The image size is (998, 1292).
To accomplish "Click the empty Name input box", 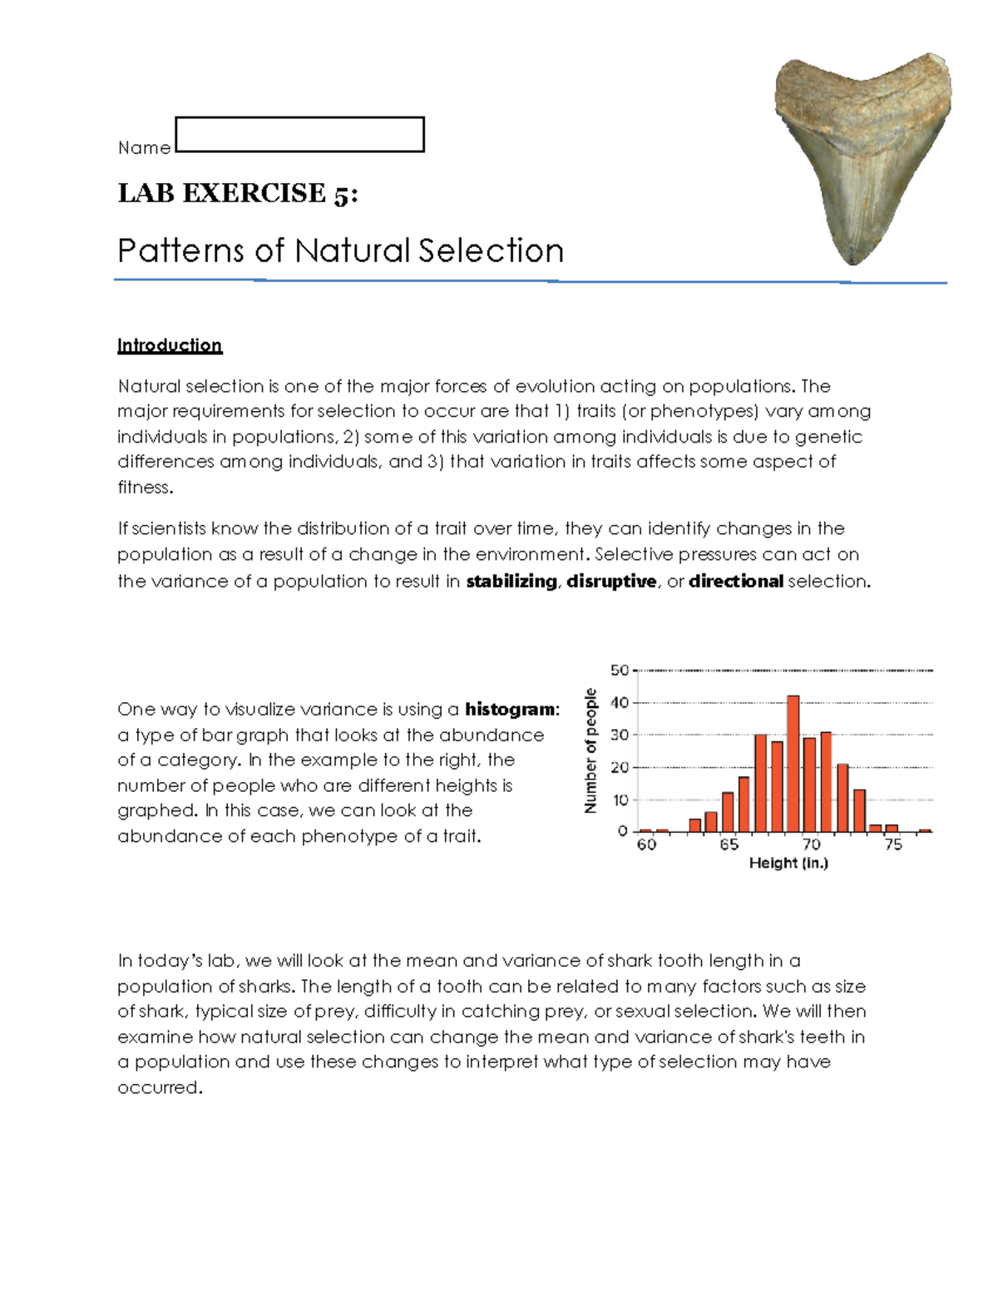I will (300, 135).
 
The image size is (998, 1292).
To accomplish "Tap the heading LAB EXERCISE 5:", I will (238, 193).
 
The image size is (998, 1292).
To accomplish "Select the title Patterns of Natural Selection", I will (340, 250).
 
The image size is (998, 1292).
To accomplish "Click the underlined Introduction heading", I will (170, 345).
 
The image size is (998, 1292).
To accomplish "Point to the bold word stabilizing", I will (511, 582).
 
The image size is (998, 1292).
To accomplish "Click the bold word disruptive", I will (611, 582).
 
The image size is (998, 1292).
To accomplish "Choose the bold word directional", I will (735, 582).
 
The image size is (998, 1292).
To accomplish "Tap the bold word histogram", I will (510, 710).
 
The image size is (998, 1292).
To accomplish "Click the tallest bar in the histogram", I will (793, 764).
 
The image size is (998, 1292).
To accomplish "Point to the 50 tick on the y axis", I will (620, 670).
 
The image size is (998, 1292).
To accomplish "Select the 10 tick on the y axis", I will (620, 799).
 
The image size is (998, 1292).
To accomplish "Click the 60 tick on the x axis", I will (646, 845).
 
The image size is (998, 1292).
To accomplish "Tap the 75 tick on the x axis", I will (893, 845).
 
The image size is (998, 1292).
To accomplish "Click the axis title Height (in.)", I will (788, 864).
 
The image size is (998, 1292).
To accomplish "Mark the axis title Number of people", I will (590, 750).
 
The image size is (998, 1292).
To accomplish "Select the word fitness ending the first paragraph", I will (144, 488).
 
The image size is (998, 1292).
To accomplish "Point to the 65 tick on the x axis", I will (729, 845).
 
